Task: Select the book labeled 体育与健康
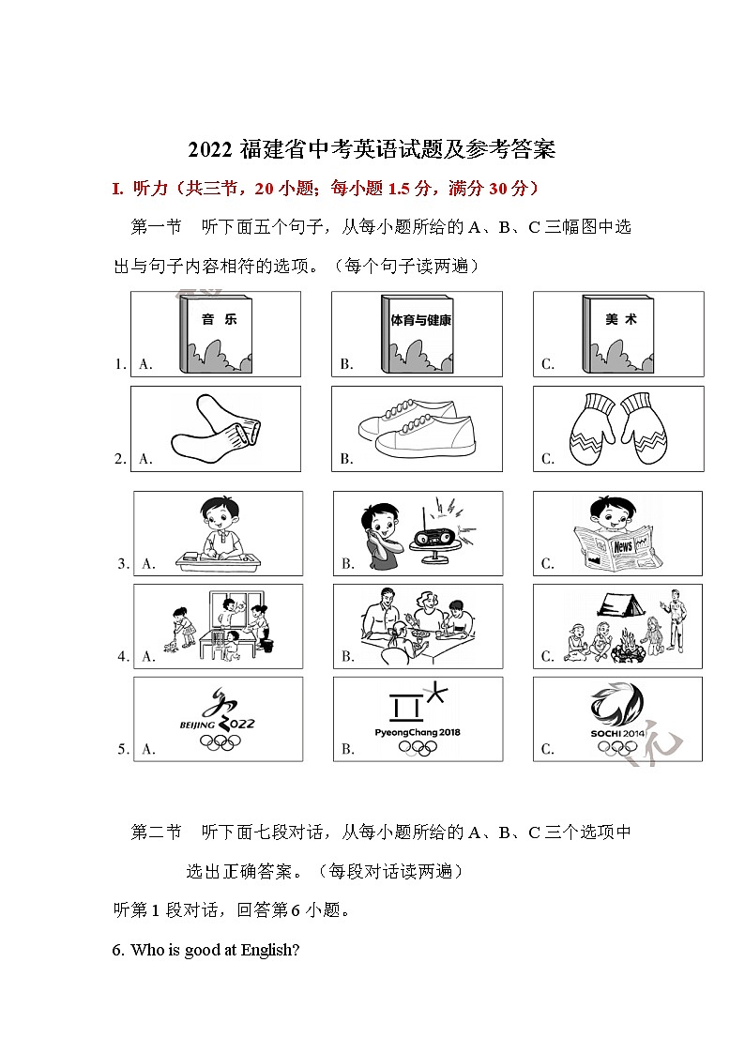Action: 418,335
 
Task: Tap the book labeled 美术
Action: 619,335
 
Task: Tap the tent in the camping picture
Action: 623,607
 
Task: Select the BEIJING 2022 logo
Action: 218,714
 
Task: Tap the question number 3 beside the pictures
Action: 122,564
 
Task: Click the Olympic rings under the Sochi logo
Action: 617,747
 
